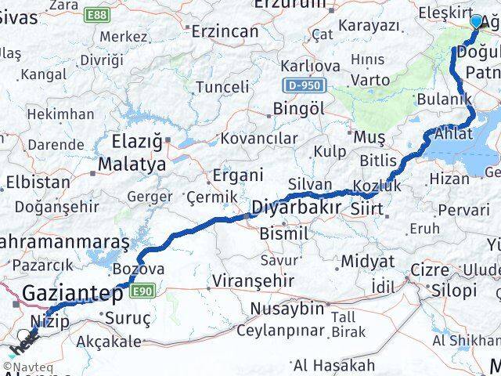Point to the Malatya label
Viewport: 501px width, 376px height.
pyautogui.click(x=132, y=164)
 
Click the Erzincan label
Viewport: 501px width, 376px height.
pyautogui.click(x=225, y=31)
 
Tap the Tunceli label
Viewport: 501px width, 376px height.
pyautogui.click(x=222, y=86)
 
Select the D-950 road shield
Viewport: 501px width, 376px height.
pyautogui.click(x=297, y=82)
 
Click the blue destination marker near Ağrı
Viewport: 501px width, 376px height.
pyautogui.click(x=477, y=20)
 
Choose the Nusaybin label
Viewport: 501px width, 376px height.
pyautogui.click(x=287, y=308)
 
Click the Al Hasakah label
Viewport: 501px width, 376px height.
pyautogui.click(x=334, y=365)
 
